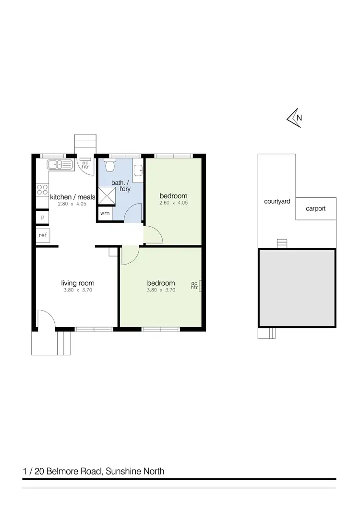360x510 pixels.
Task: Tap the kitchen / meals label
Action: coord(73,197)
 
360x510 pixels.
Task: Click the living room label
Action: coord(77,283)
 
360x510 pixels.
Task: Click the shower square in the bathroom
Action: coord(107,196)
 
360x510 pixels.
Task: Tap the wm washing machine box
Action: coord(105,213)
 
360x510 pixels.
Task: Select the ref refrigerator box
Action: coord(43,235)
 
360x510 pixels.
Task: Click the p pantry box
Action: coord(42,217)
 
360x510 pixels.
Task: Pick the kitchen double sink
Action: coord(59,165)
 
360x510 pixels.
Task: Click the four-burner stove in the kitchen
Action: coord(42,190)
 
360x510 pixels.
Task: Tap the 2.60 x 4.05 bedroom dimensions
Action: coord(173,203)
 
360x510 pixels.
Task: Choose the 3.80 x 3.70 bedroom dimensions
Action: coord(161,290)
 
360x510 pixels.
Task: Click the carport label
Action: coord(316,209)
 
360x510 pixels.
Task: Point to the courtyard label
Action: coord(277,202)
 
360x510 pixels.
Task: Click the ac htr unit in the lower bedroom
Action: coord(195,285)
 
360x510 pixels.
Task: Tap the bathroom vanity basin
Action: coord(138,170)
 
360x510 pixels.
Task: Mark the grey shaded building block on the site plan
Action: coord(297,288)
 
